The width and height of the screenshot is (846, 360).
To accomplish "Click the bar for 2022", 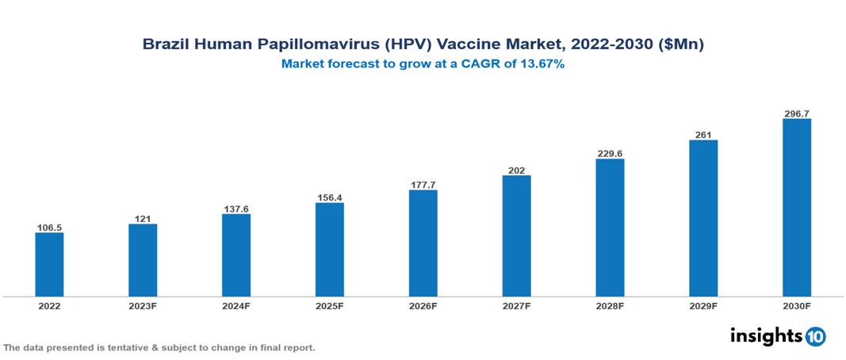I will [x=49, y=264].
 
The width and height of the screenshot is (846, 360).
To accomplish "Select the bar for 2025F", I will [x=330, y=249].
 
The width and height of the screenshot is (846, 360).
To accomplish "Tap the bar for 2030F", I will [x=797, y=207].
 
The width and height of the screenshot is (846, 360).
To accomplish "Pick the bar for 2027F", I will [x=517, y=236].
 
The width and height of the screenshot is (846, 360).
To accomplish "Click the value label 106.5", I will [x=49, y=228].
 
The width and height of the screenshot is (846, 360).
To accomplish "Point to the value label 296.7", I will [x=797, y=114].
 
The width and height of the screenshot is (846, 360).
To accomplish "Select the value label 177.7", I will [x=423, y=185].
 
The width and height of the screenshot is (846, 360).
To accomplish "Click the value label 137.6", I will [x=236, y=209].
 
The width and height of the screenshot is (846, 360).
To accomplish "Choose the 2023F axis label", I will [x=143, y=305].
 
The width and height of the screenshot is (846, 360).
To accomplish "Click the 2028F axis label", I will [x=610, y=305].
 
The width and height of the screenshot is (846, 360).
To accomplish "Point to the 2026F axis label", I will [x=423, y=305].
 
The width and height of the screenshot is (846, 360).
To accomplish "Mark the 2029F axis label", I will [x=703, y=305].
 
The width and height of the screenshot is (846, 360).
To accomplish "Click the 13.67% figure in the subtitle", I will [x=540, y=64].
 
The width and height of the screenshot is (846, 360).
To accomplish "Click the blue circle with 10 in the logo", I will [x=815, y=336].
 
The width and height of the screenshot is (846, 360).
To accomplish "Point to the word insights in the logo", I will [x=766, y=335].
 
